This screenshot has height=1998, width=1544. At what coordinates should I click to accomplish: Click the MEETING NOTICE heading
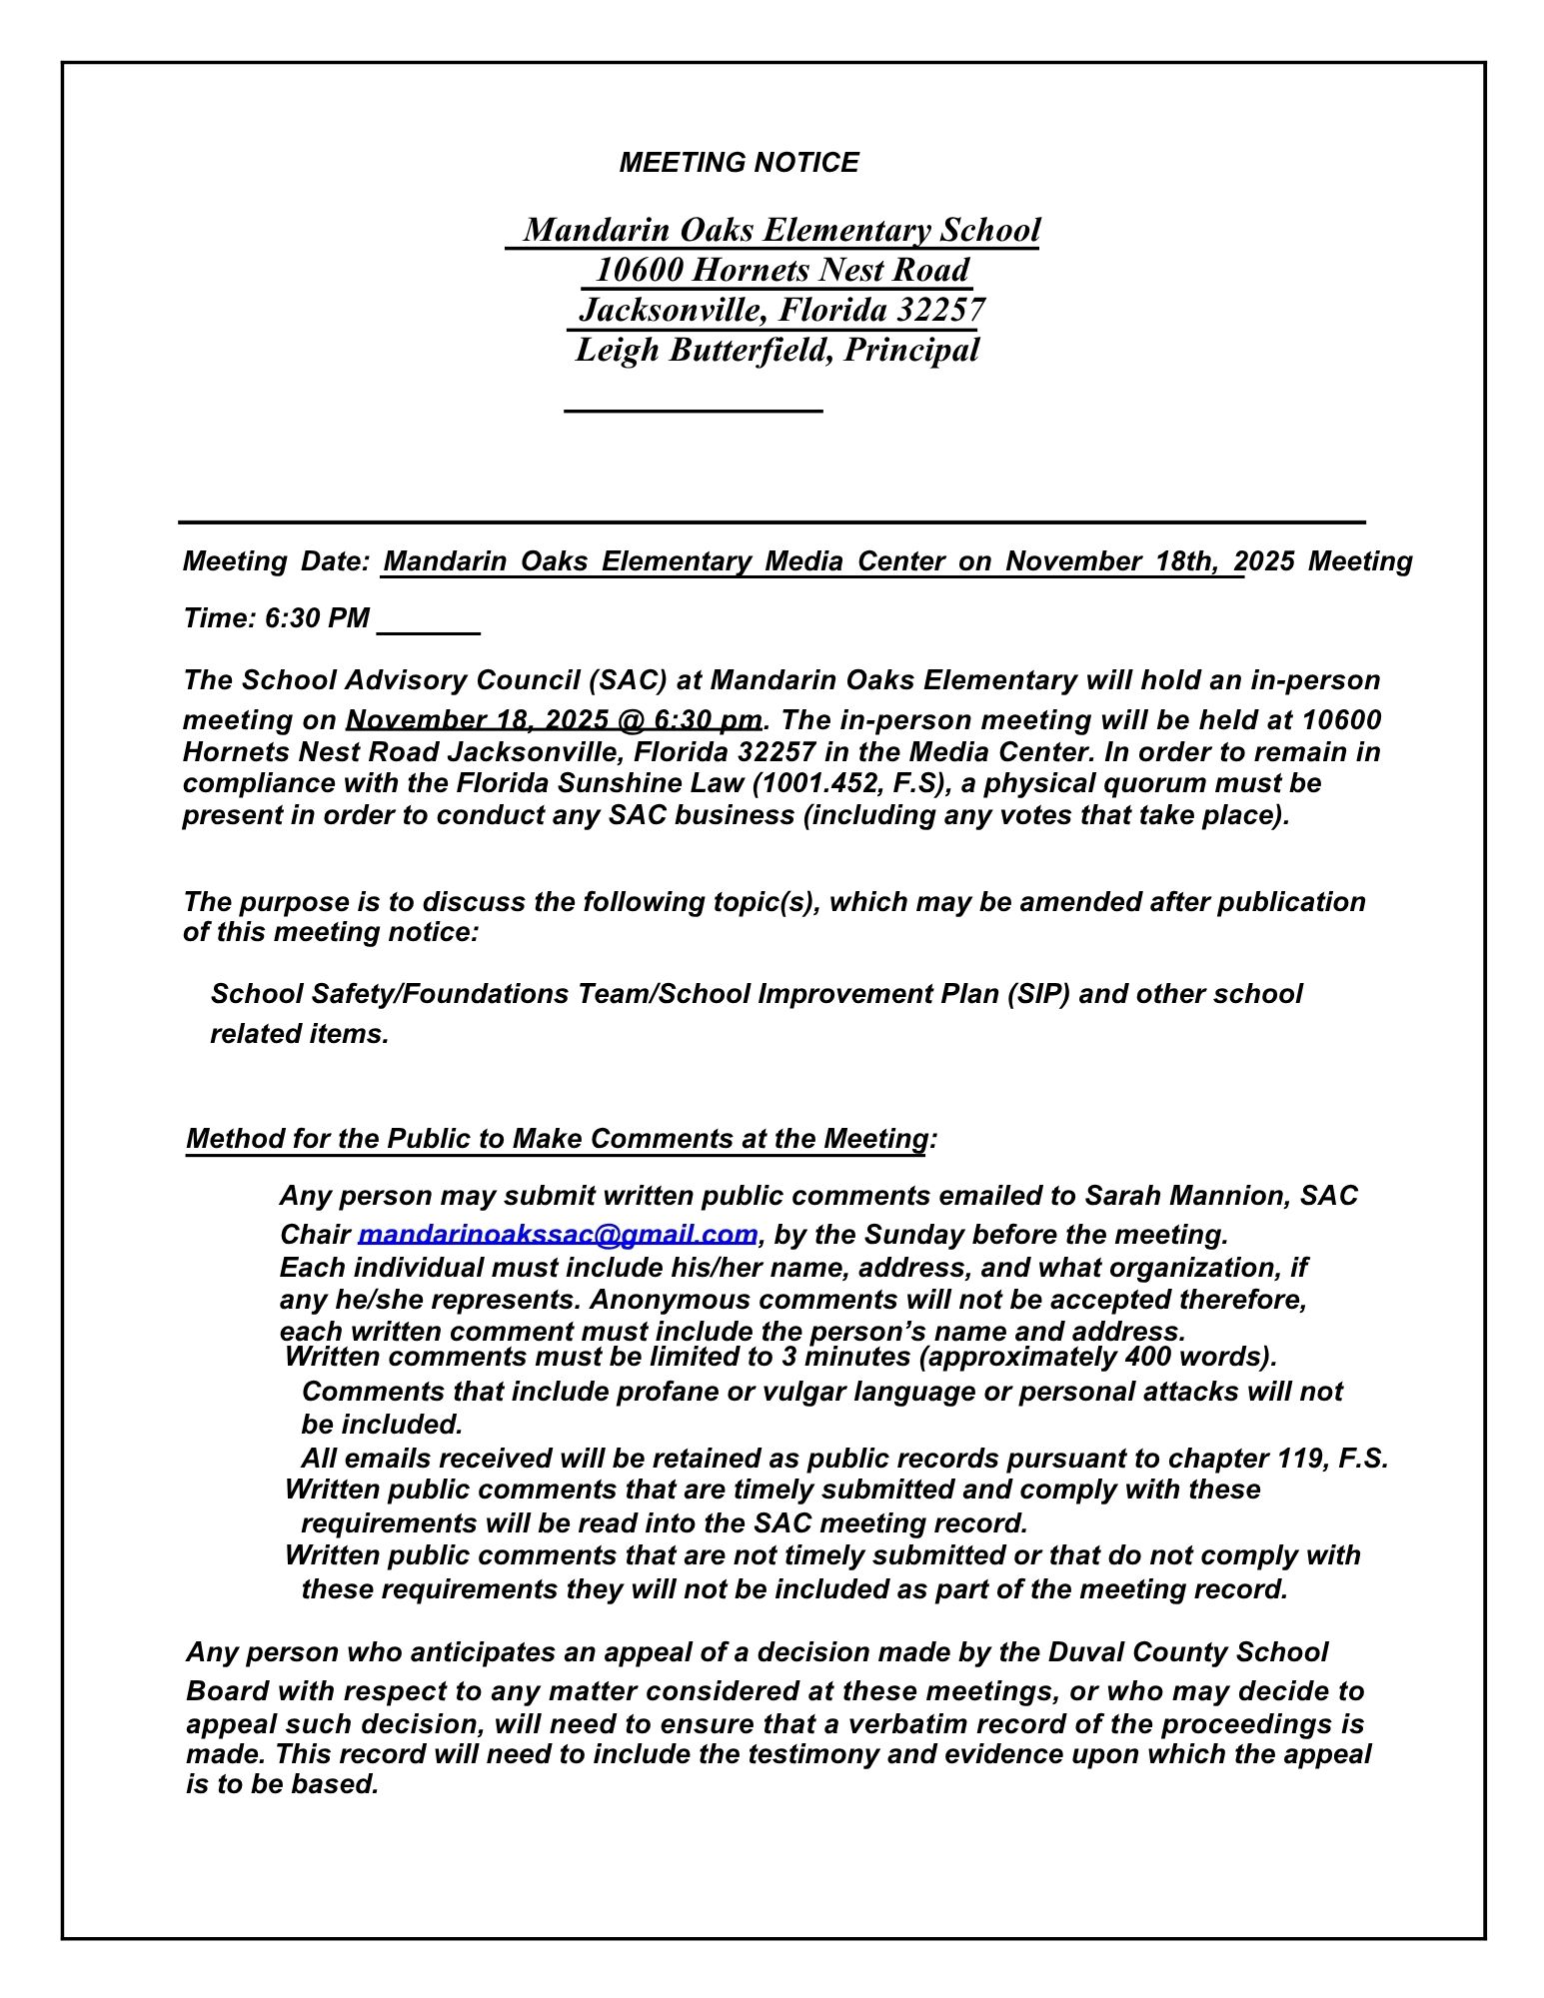click(x=739, y=163)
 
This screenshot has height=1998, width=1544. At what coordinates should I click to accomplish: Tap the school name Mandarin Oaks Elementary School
click(x=781, y=230)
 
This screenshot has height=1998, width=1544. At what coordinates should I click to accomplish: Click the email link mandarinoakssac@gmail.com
click(x=558, y=1234)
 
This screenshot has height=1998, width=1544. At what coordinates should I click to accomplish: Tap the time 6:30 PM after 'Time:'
click(x=317, y=618)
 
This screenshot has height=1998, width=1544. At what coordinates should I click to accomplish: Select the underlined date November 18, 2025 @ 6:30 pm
click(x=554, y=720)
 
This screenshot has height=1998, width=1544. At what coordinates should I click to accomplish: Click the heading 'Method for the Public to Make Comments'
click(x=557, y=1139)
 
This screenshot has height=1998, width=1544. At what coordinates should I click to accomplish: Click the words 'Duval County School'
click(x=1187, y=1652)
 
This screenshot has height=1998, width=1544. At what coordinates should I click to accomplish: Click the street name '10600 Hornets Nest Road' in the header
click(x=781, y=270)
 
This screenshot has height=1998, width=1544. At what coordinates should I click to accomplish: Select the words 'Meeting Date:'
click(x=277, y=561)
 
